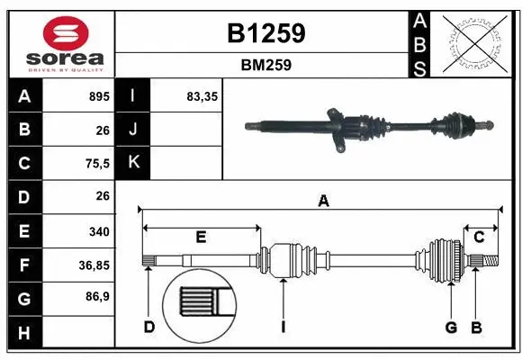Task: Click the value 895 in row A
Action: (99, 95)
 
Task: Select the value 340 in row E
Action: (99, 231)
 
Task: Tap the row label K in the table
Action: (133, 163)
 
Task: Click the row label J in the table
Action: (133, 130)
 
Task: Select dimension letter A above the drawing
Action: (323, 202)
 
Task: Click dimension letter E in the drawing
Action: (201, 237)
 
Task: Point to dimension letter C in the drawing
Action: (480, 237)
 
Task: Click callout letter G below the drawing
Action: (452, 326)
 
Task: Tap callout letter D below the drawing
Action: (149, 326)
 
